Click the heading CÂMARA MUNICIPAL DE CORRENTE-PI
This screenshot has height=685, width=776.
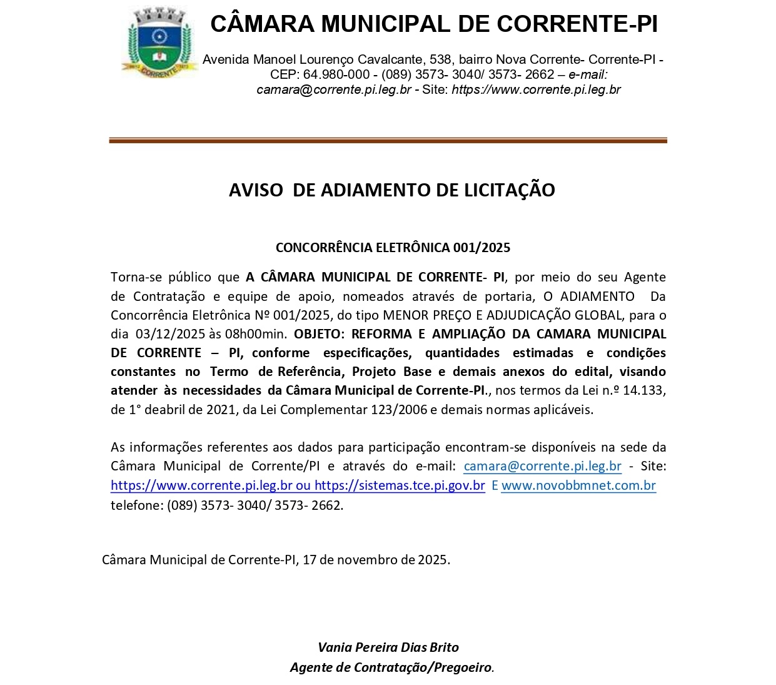(434, 24)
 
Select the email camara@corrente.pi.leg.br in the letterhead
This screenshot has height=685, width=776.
(334, 89)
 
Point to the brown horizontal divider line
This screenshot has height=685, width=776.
(388, 141)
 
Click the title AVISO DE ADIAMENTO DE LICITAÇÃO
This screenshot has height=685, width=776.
(391, 190)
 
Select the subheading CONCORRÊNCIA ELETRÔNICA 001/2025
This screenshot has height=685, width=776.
(393, 248)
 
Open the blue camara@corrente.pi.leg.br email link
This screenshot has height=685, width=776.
(542, 467)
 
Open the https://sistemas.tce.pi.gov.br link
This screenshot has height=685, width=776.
(400, 486)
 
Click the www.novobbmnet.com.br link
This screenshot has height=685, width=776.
(578, 486)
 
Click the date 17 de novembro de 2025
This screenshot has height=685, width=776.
(375, 560)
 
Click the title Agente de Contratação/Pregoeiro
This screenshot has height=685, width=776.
(391, 667)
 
